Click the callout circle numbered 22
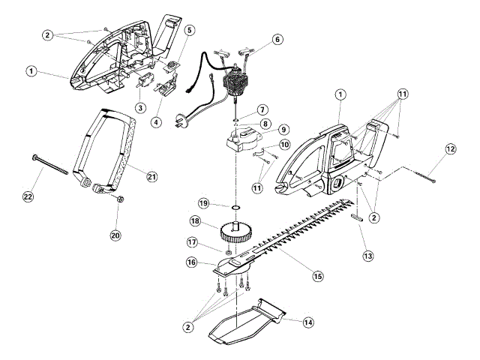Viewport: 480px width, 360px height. (x=28, y=196)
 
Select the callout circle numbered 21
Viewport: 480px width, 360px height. (x=152, y=176)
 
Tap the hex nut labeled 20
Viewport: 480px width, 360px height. (x=120, y=199)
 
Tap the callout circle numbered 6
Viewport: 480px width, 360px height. (x=278, y=38)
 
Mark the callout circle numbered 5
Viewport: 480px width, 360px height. (x=190, y=31)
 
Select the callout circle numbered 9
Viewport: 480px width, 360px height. (x=283, y=130)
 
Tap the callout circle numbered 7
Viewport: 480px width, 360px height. (x=262, y=110)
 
